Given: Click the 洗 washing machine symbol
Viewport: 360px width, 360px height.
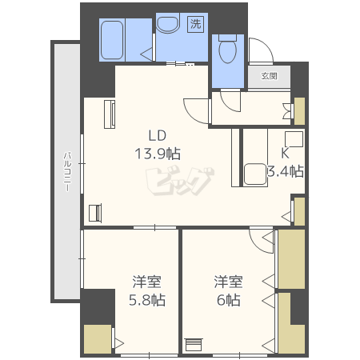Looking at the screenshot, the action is tap(195, 24).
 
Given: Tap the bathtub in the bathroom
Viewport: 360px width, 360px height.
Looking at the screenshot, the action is tap(112, 40).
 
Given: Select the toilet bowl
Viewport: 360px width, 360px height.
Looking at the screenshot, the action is tap(227, 50).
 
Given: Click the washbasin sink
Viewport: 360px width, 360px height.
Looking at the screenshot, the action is tap(167, 25).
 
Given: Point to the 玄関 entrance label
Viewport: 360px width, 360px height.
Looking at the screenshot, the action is tap(269, 76).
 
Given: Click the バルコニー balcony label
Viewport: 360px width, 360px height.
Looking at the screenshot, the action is tap(67, 171).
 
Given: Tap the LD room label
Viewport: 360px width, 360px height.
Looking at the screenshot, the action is tap(158, 135).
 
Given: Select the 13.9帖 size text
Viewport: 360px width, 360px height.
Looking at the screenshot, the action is tap(158, 154).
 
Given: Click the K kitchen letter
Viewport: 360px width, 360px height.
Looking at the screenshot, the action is tap(285, 153).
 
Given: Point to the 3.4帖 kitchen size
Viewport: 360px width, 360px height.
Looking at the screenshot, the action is tap(286, 171).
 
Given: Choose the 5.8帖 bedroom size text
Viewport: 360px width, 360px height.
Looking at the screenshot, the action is tap(147, 300).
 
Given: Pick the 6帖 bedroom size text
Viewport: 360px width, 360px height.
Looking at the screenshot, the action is tap(229, 300).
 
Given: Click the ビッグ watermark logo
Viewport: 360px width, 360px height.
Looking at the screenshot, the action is tap(180, 181).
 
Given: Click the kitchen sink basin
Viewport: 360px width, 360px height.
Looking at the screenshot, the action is tap(255, 174).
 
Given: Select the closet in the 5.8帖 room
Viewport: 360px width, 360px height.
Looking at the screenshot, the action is tap(98, 339).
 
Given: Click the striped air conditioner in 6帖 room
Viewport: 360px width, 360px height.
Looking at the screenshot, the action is tap(194, 345).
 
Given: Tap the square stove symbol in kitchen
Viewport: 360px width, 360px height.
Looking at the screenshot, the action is tap(294, 139).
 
